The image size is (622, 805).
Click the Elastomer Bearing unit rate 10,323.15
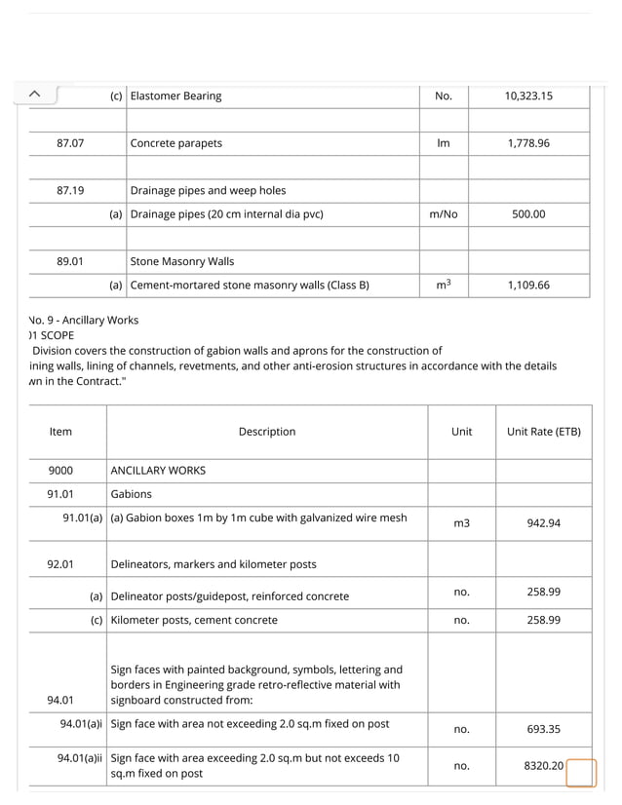pyautogui.click(x=528, y=96)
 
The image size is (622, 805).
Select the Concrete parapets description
pyautogui.click(x=176, y=143)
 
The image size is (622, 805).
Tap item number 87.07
pyautogui.click(x=70, y=143)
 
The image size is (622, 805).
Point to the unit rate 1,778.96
pyautogui.click(x=528, y=143)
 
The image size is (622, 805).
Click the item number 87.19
pyautogui.click(x=70, y=191)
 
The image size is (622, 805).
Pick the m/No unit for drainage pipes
pyautogui.click(x=443, y=214)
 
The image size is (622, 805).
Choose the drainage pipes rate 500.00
pyautogui.click(x=528, y=214)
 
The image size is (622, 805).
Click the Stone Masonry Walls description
pyautogui.click(x=182, y=262)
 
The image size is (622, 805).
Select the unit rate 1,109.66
pyautogui.click(x=528, y=286)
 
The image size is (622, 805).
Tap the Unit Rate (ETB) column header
pyautogui.click(x=543, y=432)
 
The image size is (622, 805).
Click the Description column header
pyautogui.click(x=266, y=432)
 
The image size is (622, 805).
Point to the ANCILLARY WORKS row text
pyautogui.click(x=158, y=471)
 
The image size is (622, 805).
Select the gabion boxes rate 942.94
pyautogui.click(x=543, y=523)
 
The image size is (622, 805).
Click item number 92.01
pyautogui.click(x=60, y=564)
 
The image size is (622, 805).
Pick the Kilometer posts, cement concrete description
pyautogui.click(x=194, y=620)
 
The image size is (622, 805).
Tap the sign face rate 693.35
pyautogui.click(x=543, y=729)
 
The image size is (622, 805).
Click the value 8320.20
pyautogui.click(x=543, y=766)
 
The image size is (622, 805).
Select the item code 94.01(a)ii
pyautogui.click(x=81, y=758)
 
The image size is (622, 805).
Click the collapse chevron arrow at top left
pyautogui.click(x=34, y=94)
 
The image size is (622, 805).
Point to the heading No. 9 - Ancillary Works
pyautogui.click(x=84, y=320)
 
